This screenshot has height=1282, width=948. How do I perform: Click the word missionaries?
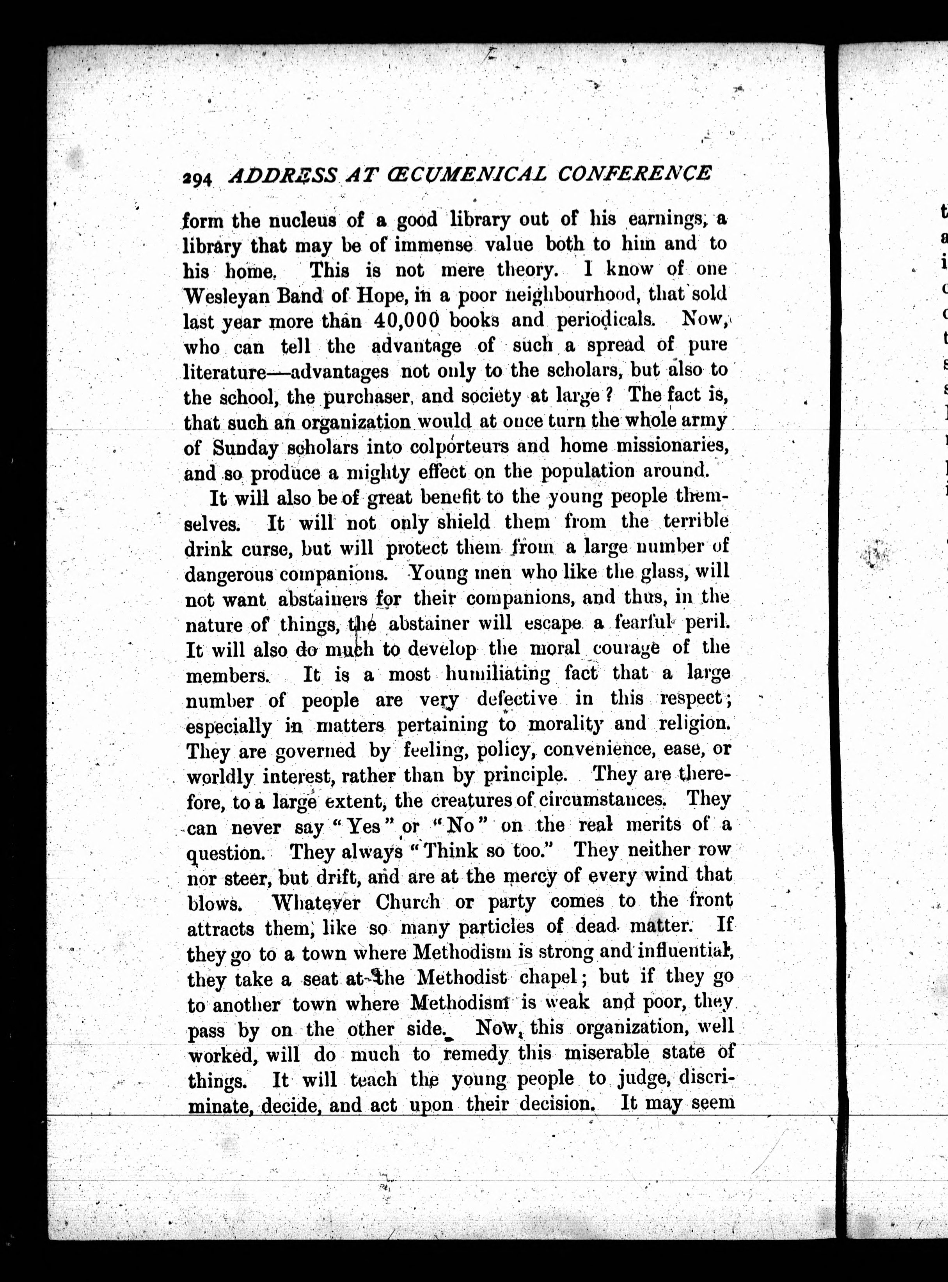tap(670, 445)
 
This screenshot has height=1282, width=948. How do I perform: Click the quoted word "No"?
tap(460, 827)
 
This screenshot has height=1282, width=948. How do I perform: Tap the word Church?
tap(408, 902)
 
